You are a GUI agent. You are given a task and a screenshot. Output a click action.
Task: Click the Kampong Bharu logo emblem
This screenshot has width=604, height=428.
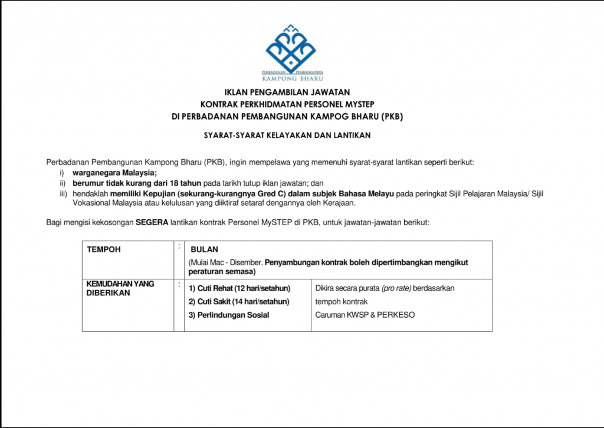tap(291, 48)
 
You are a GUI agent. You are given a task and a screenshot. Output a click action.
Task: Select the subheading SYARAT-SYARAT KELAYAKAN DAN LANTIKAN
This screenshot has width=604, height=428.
tap(287, 135)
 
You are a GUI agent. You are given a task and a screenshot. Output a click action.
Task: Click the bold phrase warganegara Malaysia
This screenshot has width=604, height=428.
tap(114, 173)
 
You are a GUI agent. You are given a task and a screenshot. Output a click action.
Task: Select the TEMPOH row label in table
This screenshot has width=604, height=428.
tap(104, 249)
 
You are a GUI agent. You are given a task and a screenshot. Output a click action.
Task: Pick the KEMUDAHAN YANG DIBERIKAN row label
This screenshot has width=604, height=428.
tap(120, 288)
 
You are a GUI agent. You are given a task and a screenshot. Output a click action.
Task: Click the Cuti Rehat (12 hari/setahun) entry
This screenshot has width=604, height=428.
tap(239, 288)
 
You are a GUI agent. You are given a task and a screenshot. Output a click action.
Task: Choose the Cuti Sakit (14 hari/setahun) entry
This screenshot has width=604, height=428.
tap(239, 302)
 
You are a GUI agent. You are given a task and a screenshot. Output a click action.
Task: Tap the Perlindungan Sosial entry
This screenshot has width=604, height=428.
tap(229, 315)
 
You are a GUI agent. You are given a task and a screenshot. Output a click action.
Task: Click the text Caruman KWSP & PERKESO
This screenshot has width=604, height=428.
tap(365, 315)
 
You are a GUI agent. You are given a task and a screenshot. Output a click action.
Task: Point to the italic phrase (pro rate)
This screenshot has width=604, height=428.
tap(396, 288)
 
